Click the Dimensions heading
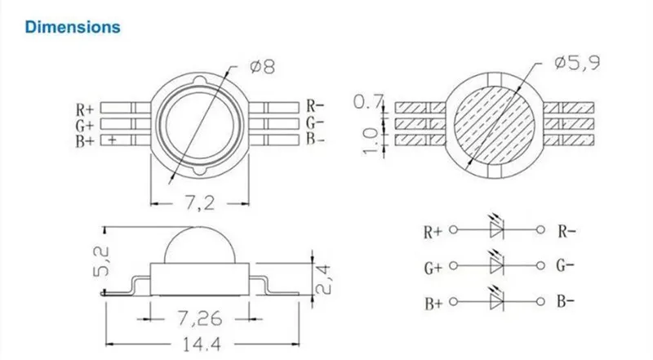point(73,27)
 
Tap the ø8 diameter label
point(262,67)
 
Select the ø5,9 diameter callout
point(577,63)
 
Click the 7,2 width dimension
point(199,203)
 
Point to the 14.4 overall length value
point(202,344)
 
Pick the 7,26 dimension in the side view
point(200,318)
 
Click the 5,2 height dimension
point(101,262)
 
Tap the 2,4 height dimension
point(322,279)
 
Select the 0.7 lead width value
point(367,101)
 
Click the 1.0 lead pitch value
point(371,140)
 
